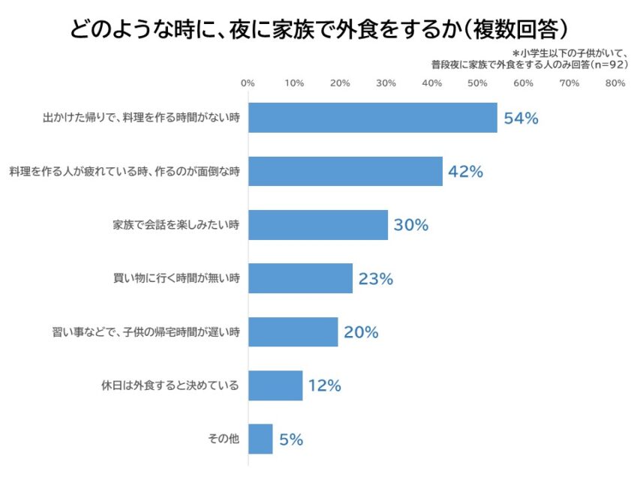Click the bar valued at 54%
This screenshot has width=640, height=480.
(x=372, y=118)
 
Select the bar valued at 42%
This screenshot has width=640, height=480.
(x=345, y=171)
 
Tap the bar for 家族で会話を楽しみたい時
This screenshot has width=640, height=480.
(x=317, y=225)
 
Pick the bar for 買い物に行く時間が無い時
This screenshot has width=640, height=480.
(x=300, y=278)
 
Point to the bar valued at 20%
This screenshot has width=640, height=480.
(x=293, y=331)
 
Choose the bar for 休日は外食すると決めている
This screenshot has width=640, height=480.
(x=275, y=385)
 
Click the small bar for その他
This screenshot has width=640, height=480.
(x=260, y=439)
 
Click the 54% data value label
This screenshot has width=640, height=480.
(x=521, y=118)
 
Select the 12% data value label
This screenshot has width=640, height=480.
(x=324, y=385)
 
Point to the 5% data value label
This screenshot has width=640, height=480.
(x=290, y=439)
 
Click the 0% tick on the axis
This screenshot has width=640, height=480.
(x=248, y=82)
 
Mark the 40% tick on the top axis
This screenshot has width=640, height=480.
(x=431, y=82)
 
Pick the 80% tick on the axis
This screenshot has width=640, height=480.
(x=614, y=82)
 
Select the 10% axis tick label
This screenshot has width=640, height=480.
(x=294, y=82)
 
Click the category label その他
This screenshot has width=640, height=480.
(x=224, y=439)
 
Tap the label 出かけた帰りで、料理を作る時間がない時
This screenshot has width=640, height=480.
(x=141, y=118)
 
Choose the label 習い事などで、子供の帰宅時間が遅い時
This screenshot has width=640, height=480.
(x=141, y=332)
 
